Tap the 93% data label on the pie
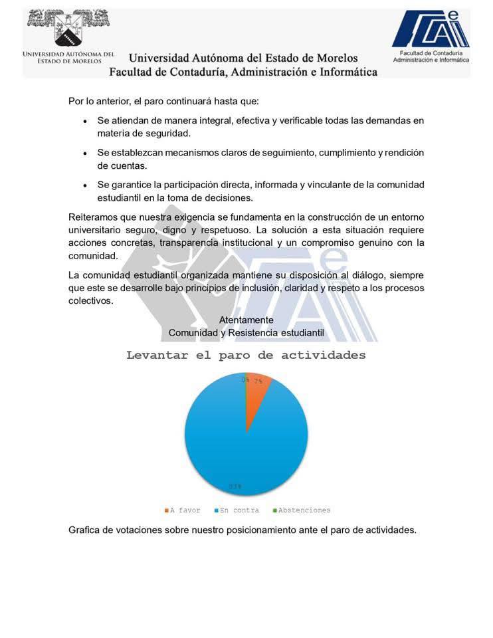[235, 486]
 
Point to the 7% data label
[257, 381]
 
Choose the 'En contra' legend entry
[239, 510]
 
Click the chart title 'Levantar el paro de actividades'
[246, 355]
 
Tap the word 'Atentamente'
[246, 320]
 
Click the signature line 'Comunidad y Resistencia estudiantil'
[246, 332]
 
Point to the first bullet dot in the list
[84, 122]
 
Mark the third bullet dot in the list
[84, 185]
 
